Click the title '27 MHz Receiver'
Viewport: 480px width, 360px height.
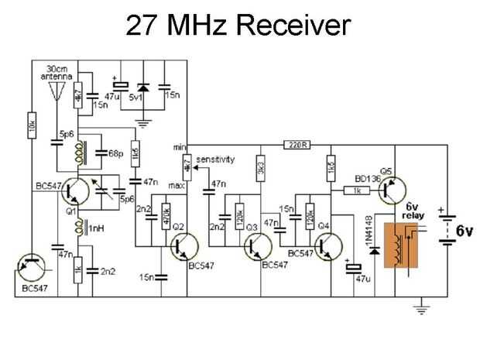pyautogui.click(x=239, y=25)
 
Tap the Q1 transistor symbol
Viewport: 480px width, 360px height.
pyautogui.click(x=75, y=191)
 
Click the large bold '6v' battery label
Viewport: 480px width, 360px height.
pyautogui.click(x=463, y=231)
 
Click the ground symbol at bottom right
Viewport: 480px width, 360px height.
pyautogui.click(x=423, y=310)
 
